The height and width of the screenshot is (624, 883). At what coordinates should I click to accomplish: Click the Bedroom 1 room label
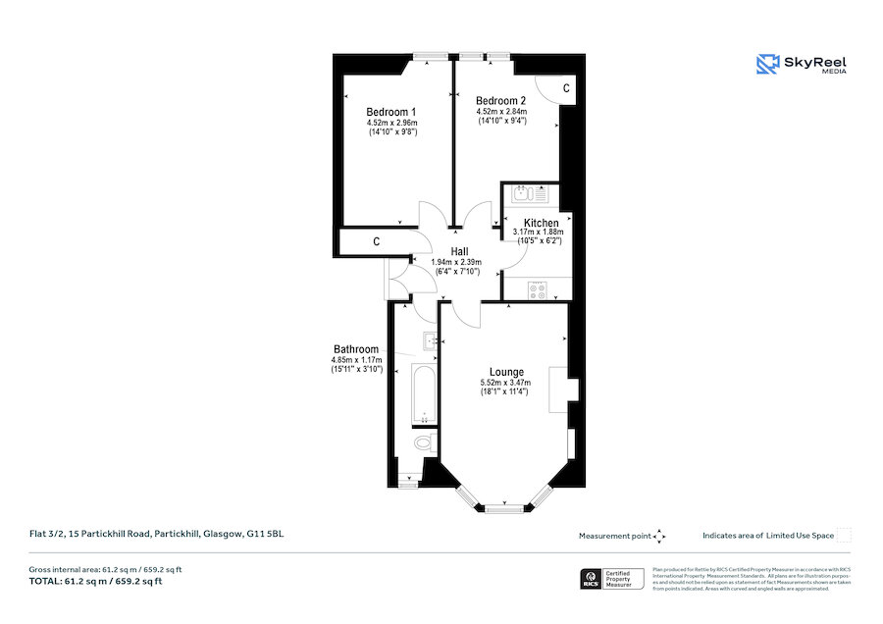391,111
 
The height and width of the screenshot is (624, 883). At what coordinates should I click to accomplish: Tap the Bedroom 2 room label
501,101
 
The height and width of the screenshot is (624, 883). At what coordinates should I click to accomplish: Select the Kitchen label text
541,223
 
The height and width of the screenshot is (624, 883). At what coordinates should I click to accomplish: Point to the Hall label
459,251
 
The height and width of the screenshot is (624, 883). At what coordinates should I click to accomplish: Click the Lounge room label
506,372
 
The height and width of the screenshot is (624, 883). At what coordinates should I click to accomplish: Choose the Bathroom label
355,349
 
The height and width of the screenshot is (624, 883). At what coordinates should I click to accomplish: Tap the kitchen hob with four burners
538,289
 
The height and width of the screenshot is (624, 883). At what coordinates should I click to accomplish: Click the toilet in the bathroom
423,444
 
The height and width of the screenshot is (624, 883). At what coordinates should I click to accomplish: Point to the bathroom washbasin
430,341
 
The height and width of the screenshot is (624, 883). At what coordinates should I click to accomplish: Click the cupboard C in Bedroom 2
565,88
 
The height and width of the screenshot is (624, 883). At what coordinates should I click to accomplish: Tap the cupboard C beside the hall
376,241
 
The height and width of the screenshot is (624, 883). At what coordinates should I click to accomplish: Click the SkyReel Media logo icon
766,64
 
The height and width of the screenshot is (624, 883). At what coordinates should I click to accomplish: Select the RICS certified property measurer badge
614,578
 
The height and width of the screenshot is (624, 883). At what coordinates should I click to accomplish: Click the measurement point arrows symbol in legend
659,536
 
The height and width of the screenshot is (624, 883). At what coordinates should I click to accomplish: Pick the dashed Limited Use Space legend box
844,535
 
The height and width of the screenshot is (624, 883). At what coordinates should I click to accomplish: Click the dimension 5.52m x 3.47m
504,383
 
